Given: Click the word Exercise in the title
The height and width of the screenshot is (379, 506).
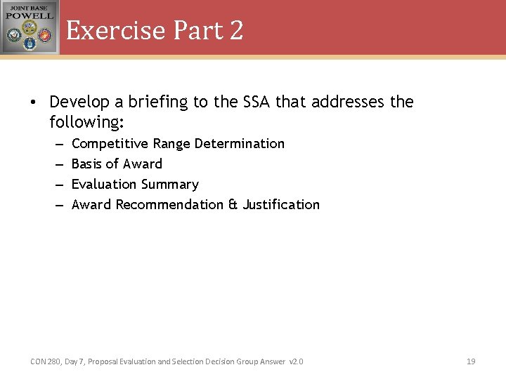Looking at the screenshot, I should tap(116, 30).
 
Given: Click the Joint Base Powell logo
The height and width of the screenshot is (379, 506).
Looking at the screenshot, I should tap(30, 27).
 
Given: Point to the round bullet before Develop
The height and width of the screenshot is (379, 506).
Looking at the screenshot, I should tap(32, 102).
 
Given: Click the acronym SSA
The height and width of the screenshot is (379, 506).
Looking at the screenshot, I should tap(257, 102).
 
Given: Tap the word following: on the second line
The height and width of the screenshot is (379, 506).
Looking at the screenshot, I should tap(86, 123).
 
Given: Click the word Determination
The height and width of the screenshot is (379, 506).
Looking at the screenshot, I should tap(239, 144).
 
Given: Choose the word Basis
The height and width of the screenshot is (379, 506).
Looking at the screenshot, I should tap(87, 164).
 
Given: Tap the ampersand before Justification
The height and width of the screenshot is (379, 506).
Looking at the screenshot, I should tap(233, 205).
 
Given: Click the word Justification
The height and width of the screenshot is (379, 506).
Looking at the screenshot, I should tap(281, 205).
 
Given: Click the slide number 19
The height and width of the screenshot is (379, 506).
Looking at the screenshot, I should tap(471, 361).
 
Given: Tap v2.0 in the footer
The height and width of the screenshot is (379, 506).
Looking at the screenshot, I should tap(296, 361).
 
